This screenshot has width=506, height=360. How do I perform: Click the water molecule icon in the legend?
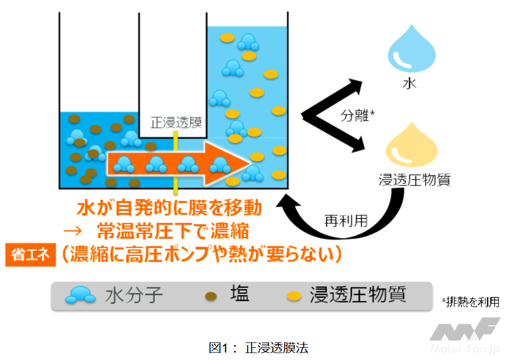pyautogui.click(x=80, y=295)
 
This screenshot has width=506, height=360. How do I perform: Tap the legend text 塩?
pyautogui.click(x=239, y=294)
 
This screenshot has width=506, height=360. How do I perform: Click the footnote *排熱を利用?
pyautogui.click(x=470, y=302)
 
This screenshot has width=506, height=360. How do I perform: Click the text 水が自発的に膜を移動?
pyautogui.click(x=169, y=208)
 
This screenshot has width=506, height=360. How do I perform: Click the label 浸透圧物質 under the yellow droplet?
pyautogui.click(x=414, y=179)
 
